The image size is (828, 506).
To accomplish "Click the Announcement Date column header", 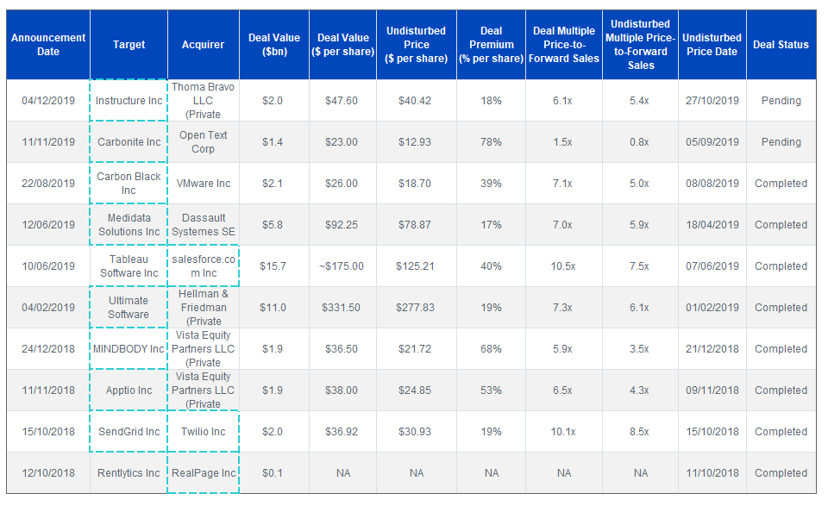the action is pos(48,45).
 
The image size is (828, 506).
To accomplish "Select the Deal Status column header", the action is pos(781,45).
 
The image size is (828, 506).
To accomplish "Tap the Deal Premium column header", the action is pos(491,45).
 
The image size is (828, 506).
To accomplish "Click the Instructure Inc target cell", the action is pos(129,101).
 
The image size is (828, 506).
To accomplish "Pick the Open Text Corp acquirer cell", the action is pos(204,142).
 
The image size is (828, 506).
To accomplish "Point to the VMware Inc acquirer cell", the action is pos(204,184).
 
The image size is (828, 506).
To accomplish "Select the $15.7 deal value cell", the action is pos(273,266).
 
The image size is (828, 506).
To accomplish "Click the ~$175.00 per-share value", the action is pos(342,266).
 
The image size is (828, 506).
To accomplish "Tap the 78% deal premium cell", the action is pos(491,142).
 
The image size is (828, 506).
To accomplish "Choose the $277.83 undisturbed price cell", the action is pos(416,308).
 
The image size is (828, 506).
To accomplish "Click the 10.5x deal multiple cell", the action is pos(563,266).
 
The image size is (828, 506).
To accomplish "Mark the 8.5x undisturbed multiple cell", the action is pos(639,432).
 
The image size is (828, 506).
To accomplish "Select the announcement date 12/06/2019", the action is pos(48,225).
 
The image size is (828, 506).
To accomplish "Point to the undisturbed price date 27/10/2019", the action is pos(712,101).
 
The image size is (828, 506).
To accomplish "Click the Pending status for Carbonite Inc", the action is pos(781,142).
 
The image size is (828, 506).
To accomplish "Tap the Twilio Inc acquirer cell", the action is pos(204,432).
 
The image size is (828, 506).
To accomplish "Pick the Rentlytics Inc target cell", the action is pos(129,473).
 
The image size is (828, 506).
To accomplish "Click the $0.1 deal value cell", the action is pos(273,473).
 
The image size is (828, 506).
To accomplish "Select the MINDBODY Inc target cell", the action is pos(129,349).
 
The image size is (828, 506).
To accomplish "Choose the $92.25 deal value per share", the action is pos(342,225).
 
